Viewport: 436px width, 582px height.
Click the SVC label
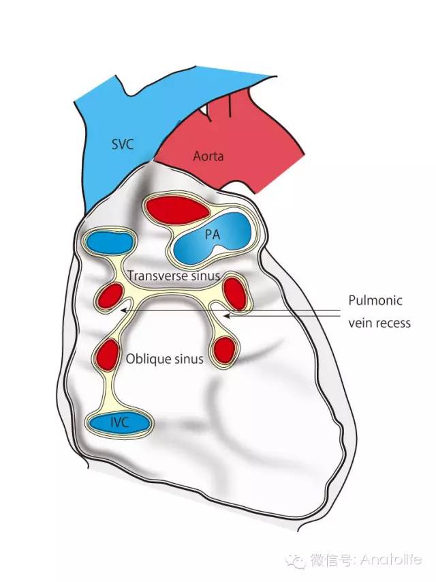pyautogui.click(x=123, y=144)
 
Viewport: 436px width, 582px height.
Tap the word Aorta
pyautogui.click(x=208, y=156)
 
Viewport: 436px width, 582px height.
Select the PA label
pyautogui.click(x=213, y=235)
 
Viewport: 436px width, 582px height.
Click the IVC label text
pyautogui.click(x=119, y=422)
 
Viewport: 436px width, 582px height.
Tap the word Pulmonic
pyautogui.click(x=375, y=300)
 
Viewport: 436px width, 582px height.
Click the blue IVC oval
pyautogui.click(x=119, y=423)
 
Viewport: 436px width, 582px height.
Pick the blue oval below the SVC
pyautogui.click(x=110, y=242)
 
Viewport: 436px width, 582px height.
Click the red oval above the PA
pyautogui.click(x=178, y=209)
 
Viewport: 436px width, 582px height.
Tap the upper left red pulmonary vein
pyautogui.click(x=110, y=296)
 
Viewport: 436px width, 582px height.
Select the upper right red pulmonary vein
pyautogui.click(x=236, y=293)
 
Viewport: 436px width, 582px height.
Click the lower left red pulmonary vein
pyautogui.click(x=108, y=355)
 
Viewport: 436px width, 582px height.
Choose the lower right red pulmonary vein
pyautogui.click(x=224, y=350)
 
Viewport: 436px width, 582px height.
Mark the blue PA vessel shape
pyautogui.click(x=213, y=238)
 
